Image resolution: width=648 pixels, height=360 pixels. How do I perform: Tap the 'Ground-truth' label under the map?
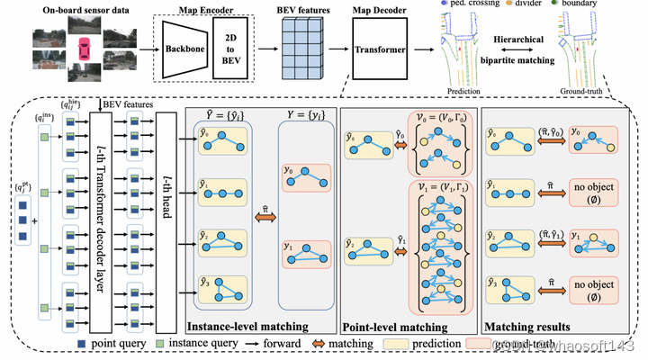pos(580,91)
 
